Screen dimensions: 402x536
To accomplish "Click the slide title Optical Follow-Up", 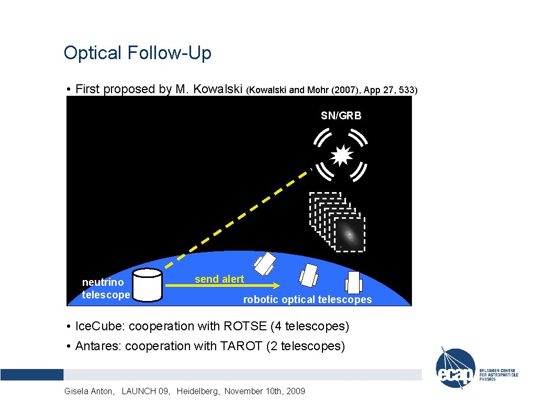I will [x=137, y=53].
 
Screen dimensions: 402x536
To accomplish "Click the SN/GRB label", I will [x=341, y=116].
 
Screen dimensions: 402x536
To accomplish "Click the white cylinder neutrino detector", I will [x=147, y=285].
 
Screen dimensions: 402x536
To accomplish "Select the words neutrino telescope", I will [x=105, y=288].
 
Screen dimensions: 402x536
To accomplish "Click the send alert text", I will [x=219, y=279].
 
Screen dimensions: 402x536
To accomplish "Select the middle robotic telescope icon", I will [x=308, y=274].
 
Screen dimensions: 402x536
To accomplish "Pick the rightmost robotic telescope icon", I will [x=354, y=283].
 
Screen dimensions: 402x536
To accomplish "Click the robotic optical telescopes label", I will [x=307, y=300].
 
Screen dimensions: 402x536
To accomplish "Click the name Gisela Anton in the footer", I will [x=87, y=391].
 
